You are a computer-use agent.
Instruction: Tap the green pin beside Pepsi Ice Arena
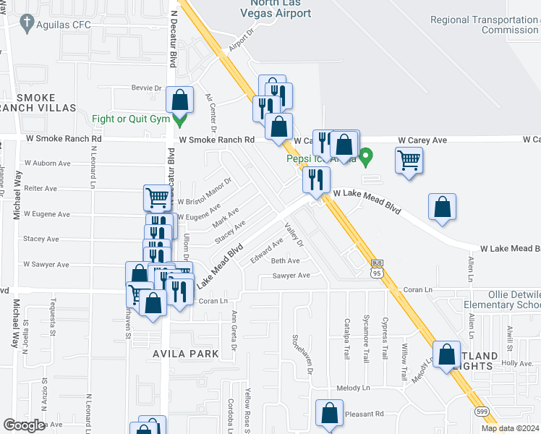pyautogui.click(x=367, y=156)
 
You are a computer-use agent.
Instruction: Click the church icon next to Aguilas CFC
pyautogui.click(x=26, y=24)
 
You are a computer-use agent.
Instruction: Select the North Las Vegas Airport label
pyautogui.click(x=277, y=9)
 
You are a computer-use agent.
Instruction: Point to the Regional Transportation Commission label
pyautogui.click(x=485, y=25)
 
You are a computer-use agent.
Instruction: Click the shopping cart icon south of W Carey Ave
pyautogui.click(x=409, y=160)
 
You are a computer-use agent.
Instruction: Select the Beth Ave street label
pyautogui.click(x=285, y=260)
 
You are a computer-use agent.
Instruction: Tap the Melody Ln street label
pyautogui.click(x=357, y=388)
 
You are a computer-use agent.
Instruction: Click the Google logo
pyautogui.click(x=24, y=425)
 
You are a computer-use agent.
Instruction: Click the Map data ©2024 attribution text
pyautogui.click(x=510, y=428)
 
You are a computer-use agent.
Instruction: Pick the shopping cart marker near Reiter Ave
pyautogui.click(x=156, y=197)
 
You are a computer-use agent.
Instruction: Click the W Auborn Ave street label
pyautogui.click(x=48, y=163)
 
